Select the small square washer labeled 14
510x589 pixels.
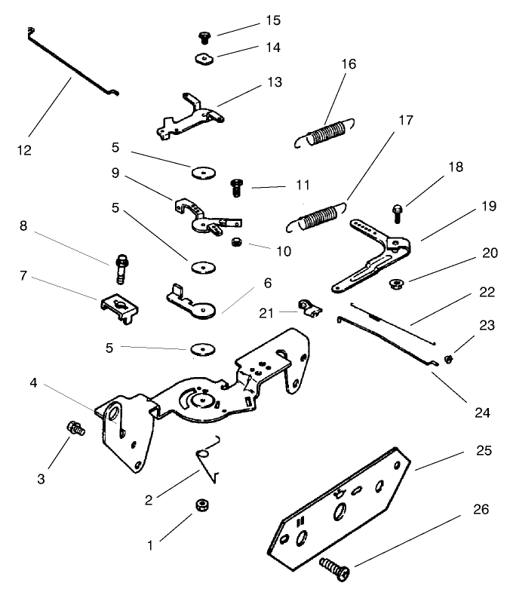pyautogui.click(x=203, y=58)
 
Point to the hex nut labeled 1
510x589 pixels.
pyautogui.click(x=202, y=505)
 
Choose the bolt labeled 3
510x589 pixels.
pyautogui.click(x=75, y=429)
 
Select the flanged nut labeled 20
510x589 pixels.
pyautogui.click(x=394, y=284)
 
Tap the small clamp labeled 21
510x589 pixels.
pyautogui.click(x=308, y=306)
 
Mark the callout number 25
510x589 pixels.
pyautogui.click(x=484, y=451)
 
